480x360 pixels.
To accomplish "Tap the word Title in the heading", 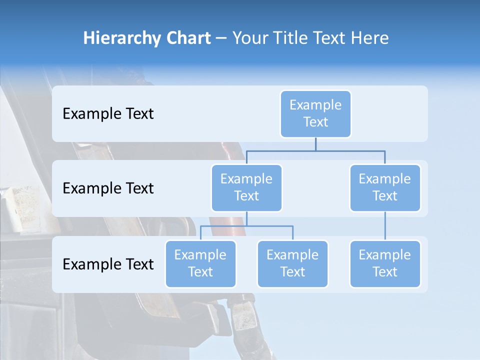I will [x=291, y=38].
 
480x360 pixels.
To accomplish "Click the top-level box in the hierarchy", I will [x=315, y=114].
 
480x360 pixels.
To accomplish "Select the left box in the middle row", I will [x=246, y=188].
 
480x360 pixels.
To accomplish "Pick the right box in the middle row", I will [x=385, y=188].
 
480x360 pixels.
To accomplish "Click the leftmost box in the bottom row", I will [x=200, y=264].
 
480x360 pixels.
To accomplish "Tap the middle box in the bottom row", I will [x=292, y=264].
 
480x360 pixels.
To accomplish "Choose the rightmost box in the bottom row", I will [x=385, y=264].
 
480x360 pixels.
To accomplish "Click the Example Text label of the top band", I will [x=108, y=114].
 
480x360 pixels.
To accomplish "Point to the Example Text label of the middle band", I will [x=108, y=188].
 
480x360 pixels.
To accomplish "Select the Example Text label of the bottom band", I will [x=108, y=264].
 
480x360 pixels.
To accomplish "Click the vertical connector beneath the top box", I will [x=315, y=144].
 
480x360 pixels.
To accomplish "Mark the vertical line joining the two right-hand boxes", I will [x=385, y=226].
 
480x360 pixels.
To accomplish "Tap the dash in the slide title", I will [x=221, y=38].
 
